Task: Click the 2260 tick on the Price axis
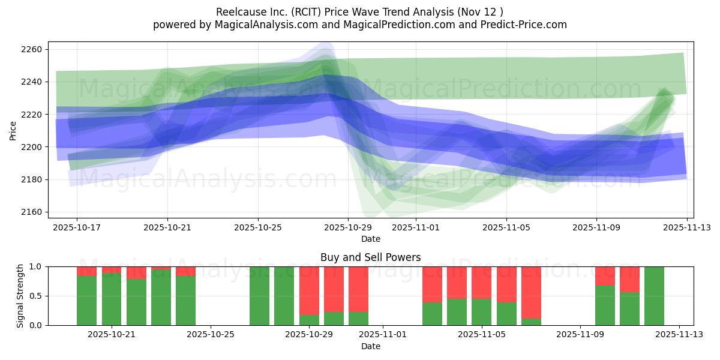point(33,49)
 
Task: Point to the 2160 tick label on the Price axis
point(33,212)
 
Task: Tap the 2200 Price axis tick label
point(33,147)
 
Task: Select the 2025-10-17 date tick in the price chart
point(77,227)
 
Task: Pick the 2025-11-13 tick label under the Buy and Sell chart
point(679,335)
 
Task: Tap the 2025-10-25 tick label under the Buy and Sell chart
point(211,335)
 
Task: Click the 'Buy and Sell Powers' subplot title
point(370,257)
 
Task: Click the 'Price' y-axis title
point(13,130)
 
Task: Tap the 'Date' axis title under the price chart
point(370,239)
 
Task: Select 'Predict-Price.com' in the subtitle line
point(526,25)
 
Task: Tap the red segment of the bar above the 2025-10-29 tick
point(309,290)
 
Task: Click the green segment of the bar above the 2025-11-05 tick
point(482,312)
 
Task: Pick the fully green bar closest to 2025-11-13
point(654,296)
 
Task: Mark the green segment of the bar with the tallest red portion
point(531,322)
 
